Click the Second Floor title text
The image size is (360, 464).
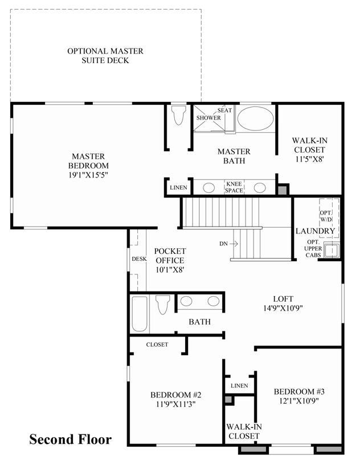coord(71,439)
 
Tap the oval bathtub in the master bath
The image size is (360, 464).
coord(256,118)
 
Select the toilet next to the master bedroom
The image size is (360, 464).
coord(179,115)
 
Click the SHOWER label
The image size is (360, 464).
coord(208,117)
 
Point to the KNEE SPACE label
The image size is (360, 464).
coord(234,187)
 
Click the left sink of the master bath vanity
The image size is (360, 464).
coord(208,188)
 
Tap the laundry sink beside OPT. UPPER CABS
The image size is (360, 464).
coord(332,250)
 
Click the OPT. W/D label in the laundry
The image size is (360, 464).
coord(326,216)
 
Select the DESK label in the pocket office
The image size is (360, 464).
coord(139,259)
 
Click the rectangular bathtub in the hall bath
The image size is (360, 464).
coord(140,314)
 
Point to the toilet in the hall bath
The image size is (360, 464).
coord(162,305)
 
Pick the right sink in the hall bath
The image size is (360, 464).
coord(214,301)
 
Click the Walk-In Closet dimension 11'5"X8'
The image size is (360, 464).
coord(310,159)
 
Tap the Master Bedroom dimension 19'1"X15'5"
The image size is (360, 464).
coord(88,175)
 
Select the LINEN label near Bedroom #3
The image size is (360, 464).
coord(239,385)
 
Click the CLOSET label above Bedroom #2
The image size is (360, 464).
coord(157,344)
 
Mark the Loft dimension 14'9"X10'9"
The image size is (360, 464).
coord(283,308)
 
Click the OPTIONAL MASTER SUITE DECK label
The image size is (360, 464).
coord(105,56)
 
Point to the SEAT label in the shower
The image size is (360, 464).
coord(224,110)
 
